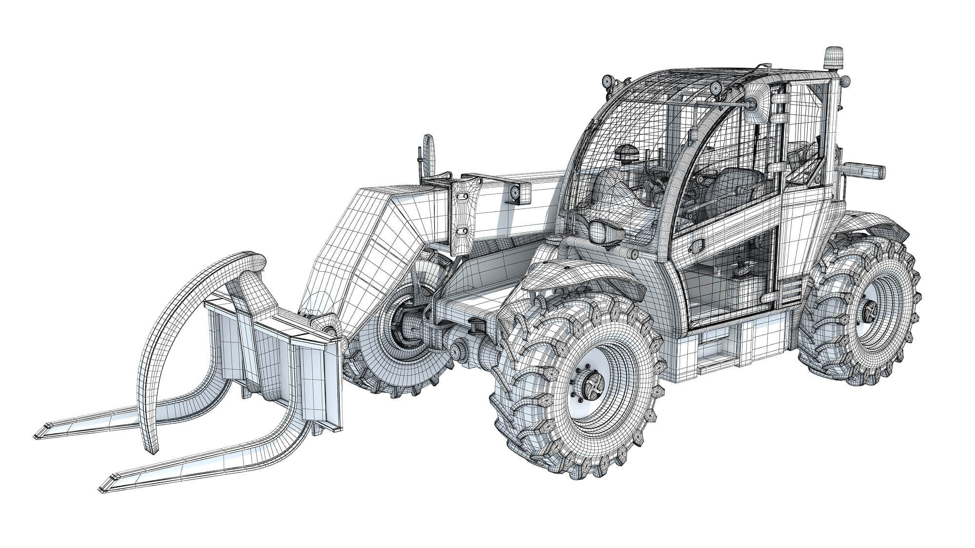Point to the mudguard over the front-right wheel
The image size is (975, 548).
tap(585, 278)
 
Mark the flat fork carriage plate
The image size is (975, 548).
tap(273, 351)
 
